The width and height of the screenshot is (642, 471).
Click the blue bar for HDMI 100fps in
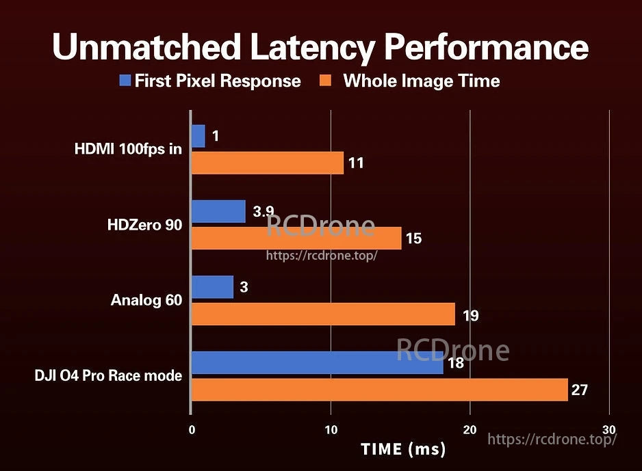pyautogui.click(x=198, y=136)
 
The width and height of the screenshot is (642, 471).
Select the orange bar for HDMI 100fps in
pyautogui.click(x=267, y=163)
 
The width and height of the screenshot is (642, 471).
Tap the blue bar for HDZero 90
pyautogui.click(x=218, y=211)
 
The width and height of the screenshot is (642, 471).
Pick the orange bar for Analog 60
pyautogui.click(x=322, y=314)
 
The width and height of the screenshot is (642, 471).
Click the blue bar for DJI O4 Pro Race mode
pyautogui.click(x=317, y=362)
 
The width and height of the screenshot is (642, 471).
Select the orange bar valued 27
pyautogui.click(x=379, y=390)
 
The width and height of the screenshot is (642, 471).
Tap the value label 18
pyautogui.click(x=456, y=363)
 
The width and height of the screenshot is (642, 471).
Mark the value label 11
pyautogui.click(x=356, y=163)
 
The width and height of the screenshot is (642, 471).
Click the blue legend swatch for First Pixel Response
pyautogui.click(x=125, y=81)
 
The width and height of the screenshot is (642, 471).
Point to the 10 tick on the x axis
pyautogui.click(x=331, y=429)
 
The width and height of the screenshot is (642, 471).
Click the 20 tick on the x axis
pyautogui.click(x=470, y=429)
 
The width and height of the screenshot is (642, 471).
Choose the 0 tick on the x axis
pyautogui.click(x=192, y=429)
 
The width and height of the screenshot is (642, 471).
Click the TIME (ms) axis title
pyautogui.click(x=403, y=449)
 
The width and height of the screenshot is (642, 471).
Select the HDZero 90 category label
pyautogui.click(x=144, y=225)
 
